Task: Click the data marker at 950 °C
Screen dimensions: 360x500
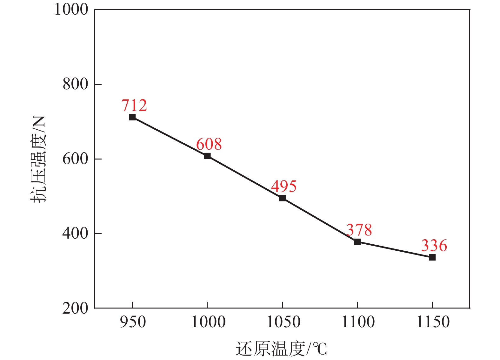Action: pyautogui.click(x=132, y=117)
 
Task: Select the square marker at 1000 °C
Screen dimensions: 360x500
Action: pyautogui.click(x=207, y=156)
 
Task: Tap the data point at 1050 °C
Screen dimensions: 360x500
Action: pyautogui.click(x=282, y=198)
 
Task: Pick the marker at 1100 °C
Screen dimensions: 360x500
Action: pyautogui.click(x=357, y=242)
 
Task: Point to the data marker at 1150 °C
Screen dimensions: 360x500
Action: pyautogui.click(x=432, y=257)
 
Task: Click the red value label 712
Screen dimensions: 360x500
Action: pyautogui.click(x=134, y=105)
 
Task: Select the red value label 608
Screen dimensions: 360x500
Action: pyautogui.click(x=209, y=144)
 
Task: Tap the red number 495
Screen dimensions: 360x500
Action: pyautogui.click(x=284, y=187)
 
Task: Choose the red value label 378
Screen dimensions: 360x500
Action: pyautogui.click(x=359, y=230)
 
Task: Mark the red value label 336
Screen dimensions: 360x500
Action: pyautogui.click(x=434, y=246)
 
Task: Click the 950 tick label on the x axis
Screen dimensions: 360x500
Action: pyautogui.click(x=133, y=322)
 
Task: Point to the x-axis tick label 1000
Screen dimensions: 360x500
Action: pyautogui.click(x=208, y=322)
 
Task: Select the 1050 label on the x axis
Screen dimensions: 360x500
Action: pyautogui.click(x=283, y=322)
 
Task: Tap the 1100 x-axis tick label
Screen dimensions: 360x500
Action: pyautogui.click(x=358, y=322)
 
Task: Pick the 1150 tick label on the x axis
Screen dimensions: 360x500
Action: pyautogui.click(x=433, y=322)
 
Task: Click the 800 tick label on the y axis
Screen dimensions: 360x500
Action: pyautogui.click(x=75, y=85)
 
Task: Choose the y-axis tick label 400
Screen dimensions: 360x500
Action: pyautogui.click(x=75, y=234)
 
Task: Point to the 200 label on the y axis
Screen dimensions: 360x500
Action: pyautogui.click(x=75, y=308)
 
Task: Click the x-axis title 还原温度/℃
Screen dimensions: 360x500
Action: pyautogui.click(x=281, y=349)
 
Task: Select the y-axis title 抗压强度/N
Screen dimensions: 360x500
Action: pyautogui.click(x=38, y=159)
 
